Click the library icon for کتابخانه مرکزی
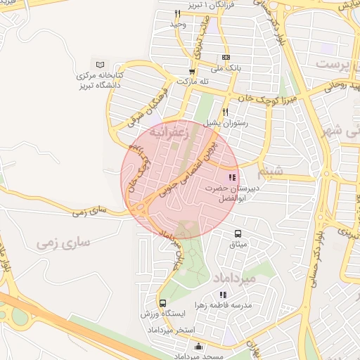(100, 64)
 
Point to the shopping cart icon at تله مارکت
(193, 72)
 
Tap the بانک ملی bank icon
(225, 57)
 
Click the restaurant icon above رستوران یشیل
(225, 112)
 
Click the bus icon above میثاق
(238, 233)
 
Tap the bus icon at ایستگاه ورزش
(163, 304)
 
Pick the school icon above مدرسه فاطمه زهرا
(222, 295)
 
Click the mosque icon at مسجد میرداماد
(199, 346)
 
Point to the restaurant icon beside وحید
(177, 13)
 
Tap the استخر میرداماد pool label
(167, 330)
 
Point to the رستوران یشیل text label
(226, 122)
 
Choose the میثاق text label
(238, 244)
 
